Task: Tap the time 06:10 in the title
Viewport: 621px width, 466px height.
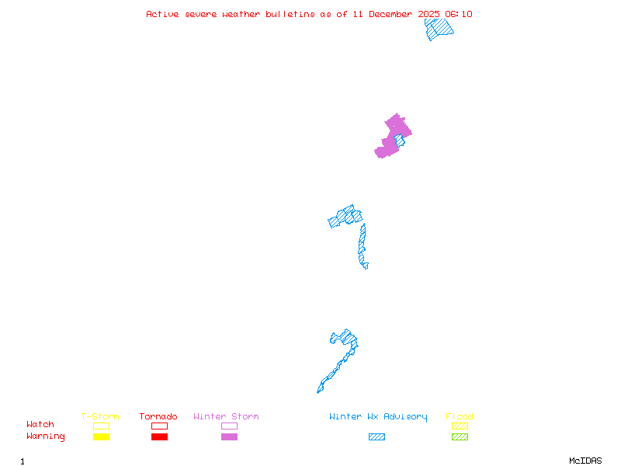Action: [x=459, y=14]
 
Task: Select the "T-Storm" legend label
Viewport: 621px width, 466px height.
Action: [x=100, y=417]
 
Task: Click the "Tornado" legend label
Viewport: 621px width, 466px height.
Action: [x=158, y=417]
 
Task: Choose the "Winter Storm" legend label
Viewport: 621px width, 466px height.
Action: [x=226, y=417]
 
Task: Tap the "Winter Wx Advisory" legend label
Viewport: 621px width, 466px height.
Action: [x=378, y=417]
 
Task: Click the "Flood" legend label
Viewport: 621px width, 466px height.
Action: [x=460, y=417]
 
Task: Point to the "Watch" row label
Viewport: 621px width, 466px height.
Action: [x=40, y=425]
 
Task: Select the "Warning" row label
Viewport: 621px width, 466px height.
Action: [x=46, y=436]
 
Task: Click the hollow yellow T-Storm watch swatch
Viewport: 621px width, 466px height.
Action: [x=101, y=426]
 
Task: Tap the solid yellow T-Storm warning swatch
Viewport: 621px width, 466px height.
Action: [x=101, y=436]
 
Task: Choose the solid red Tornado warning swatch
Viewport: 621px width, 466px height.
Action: [x=159, y=436]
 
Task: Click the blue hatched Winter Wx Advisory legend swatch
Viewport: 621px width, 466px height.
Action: [x=376, y=436]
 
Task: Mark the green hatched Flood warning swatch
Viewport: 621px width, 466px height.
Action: [x=460, y=436]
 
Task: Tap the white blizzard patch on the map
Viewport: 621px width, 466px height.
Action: [x=369, y=265]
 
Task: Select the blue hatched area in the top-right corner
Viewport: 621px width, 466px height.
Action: [x=439, y=28]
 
